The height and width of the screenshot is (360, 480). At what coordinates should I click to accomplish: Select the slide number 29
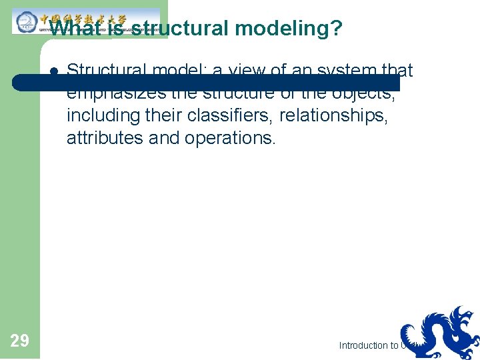[x=20, y=341]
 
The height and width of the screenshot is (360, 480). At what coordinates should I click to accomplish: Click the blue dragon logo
[x=440, y=333]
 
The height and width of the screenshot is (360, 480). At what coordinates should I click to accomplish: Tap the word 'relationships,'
[x=332, y=116]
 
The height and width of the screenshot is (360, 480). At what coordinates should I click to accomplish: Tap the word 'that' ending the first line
[x=398, y=69]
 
